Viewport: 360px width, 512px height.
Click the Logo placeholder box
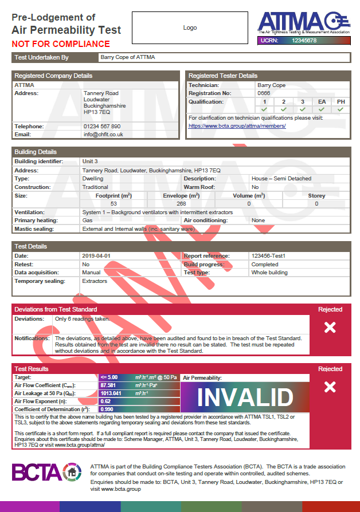coord(190,27)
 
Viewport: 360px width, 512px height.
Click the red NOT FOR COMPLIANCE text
coord(61,44)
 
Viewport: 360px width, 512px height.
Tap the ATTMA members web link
coord(237,125)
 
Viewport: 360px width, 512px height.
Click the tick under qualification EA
coord(322,109)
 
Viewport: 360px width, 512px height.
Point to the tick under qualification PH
coord(341,109)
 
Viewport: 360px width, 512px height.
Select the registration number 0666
coord(264,93)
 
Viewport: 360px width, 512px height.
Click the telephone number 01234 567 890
coord(102,126)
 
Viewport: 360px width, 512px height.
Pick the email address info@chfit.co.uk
coord(103,135)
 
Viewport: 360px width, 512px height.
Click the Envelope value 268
coord(181,203)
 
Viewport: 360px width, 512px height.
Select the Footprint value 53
coord(114,203)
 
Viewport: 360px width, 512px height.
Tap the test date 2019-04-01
coord(96,256)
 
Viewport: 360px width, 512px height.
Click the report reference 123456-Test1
coord(268,256)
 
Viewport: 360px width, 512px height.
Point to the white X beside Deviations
coord(330,327)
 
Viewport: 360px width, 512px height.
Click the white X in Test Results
coord(330,387)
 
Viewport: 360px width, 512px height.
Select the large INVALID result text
coord(245,397)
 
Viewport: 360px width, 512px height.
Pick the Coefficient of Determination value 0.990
coord(107,409)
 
